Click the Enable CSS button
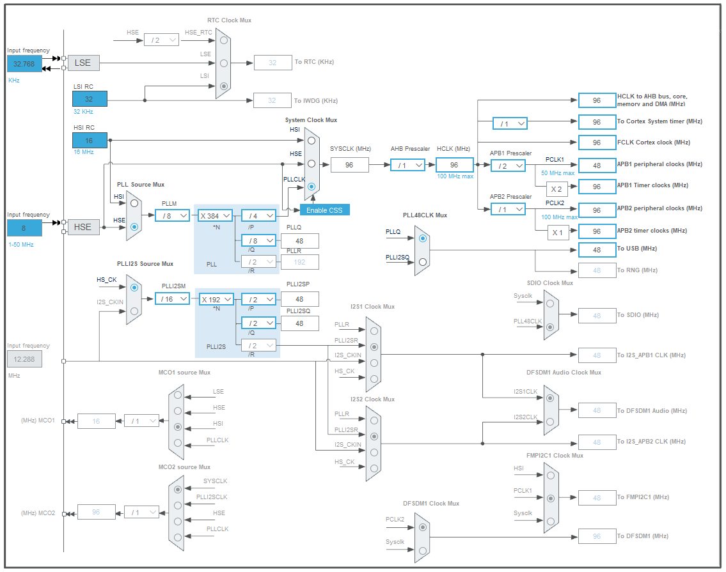tap(325, 210)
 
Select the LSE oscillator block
tap(83, 63)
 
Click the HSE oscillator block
tap(83, 226)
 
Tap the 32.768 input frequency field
tap(24, 63)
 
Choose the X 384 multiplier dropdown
tap(215, 216)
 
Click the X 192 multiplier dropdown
tap(215, 298)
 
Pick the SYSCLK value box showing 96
tap(350, 165)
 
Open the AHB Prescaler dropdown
tap(408, 165)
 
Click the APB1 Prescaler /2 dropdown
tap(509, 166)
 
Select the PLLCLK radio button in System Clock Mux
tap(311, 187)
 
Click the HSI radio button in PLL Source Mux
tap(134, 203)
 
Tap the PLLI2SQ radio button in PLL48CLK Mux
tap(422, 261)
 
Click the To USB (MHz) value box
tap(596, 249)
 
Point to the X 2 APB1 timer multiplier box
tap(556, 189)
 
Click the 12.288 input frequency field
tap(24, 359)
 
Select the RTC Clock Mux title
tap(229, 20)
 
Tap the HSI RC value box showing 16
tap(89, 140)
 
